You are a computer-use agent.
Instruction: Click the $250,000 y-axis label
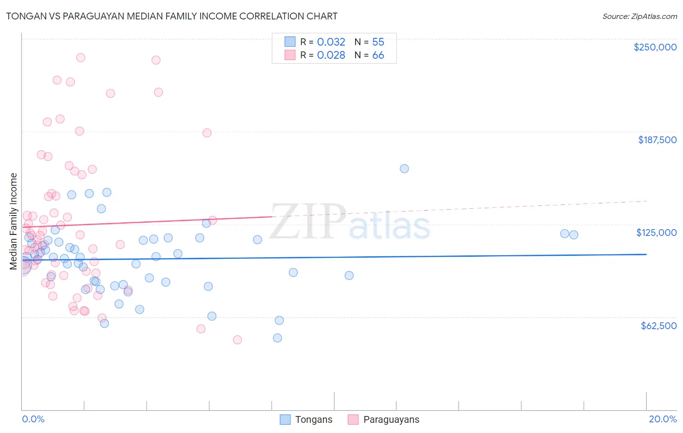coord(655,47)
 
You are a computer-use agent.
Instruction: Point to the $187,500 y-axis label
coord(657,140)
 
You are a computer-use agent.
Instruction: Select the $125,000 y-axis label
coord(656,233)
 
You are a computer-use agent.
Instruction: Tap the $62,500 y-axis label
coord(658,326)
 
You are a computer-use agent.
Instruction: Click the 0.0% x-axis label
coord(33,419)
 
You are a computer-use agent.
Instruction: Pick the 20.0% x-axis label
coord(663,419)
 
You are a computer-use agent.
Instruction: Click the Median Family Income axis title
coord(14,221)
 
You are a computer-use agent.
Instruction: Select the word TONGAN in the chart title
coord(24,16)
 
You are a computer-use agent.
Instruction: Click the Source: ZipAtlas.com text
coord(639,16)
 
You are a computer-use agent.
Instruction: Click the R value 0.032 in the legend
coord(331,42)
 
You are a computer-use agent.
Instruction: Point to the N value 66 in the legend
coord(378,55)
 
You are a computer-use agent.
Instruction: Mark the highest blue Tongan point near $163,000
coord(404,169)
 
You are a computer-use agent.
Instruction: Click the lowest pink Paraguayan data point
coord(237,340)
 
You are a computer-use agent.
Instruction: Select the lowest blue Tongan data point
coord(277,338)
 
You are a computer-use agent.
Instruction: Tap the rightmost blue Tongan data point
coord(574,235)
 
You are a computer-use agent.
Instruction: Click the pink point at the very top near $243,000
coord(81,58)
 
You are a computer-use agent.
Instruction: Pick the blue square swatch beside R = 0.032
coord(290,42)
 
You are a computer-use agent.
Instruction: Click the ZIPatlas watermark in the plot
coord(350,221)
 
